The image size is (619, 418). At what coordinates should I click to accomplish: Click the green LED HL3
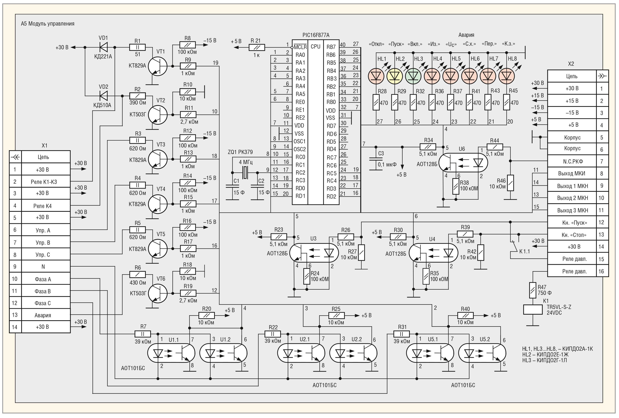coord(413,76)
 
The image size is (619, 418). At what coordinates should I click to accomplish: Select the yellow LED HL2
coord(394,76)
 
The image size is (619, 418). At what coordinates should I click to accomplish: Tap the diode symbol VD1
coord(103,47)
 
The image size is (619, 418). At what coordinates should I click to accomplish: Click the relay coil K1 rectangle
coord(533,310)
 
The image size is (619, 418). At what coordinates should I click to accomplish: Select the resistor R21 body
coord(257,47)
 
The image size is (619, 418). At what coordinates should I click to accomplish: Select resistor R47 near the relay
coord(533,290)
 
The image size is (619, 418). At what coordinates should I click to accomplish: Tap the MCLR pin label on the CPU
coord(300,47)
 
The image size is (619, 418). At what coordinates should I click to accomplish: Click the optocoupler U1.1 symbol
coord(171,353)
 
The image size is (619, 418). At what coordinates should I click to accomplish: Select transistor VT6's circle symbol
coord(158,293)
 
